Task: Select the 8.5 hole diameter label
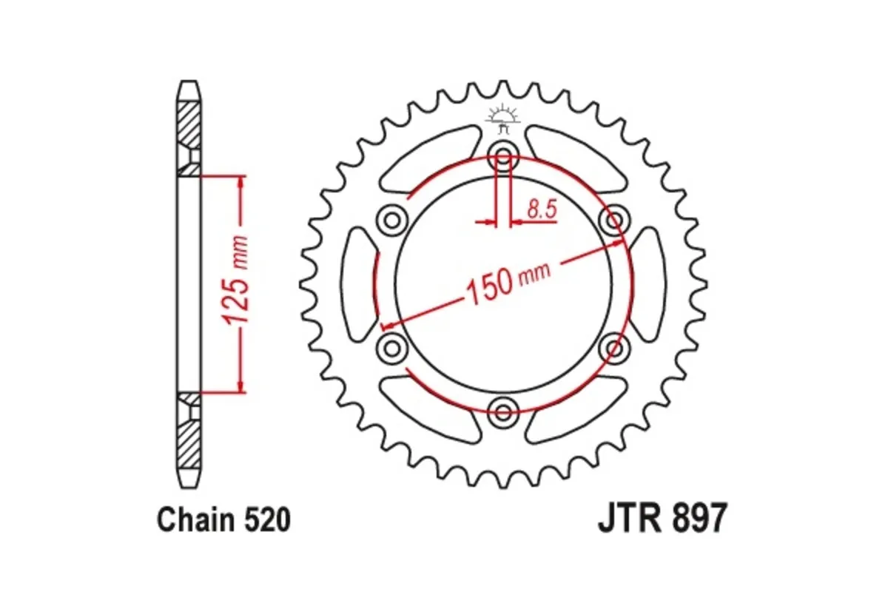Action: [x=541, y=210]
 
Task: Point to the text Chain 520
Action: [x=223, y=520]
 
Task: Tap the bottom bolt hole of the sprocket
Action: [x=504, y=410]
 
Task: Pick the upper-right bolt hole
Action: [x=613, y=220]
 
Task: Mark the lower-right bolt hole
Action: [x=613, y=346]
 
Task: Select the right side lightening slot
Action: [x=648, y=283]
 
